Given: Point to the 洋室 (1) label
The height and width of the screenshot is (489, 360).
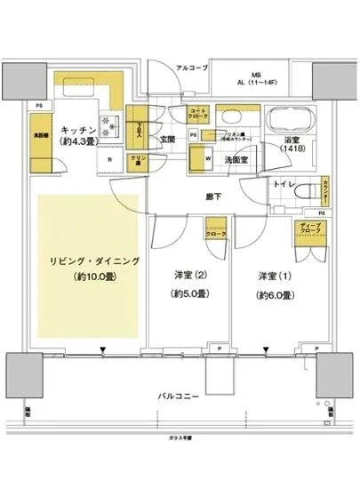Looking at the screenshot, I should [x=271, y=276].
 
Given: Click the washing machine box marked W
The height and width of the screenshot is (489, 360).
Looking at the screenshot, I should [x=207, y=160].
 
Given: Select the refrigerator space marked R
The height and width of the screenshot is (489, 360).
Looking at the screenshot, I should [x=109, y=161].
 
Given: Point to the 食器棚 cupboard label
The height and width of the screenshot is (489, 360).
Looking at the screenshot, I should [x=42, y=138].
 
